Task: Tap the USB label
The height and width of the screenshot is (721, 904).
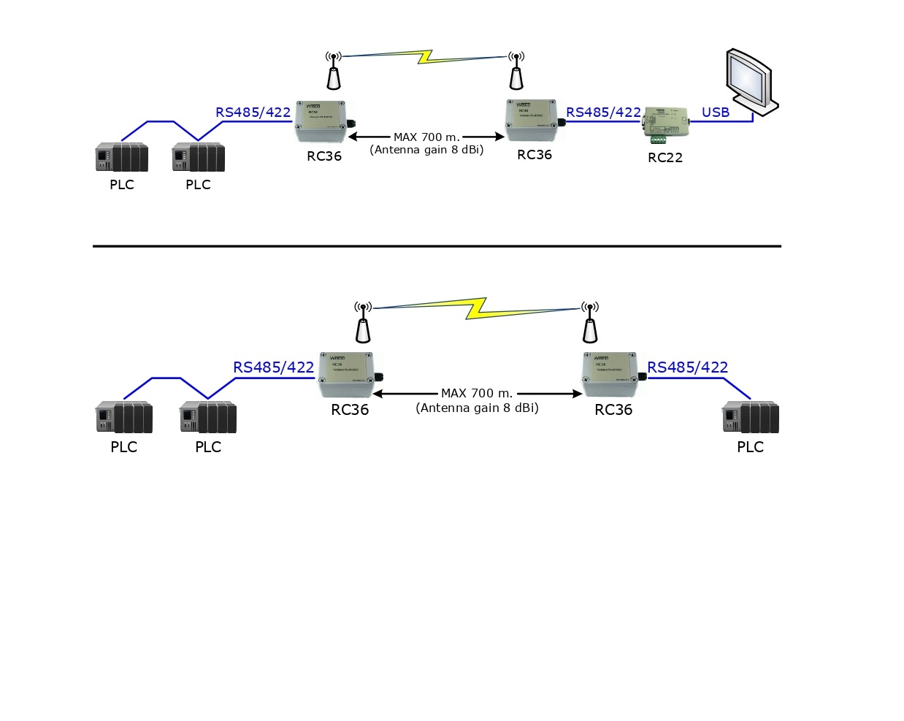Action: coord(716,112)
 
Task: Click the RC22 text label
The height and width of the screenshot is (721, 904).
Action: coord(665,157)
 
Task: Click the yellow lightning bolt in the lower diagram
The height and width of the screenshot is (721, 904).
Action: coord(477,308)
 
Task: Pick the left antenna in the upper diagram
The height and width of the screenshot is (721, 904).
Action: coord(334,72)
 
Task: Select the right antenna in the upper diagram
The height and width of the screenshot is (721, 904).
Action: coord(516,72)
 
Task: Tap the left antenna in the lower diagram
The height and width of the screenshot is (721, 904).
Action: coord(363,323)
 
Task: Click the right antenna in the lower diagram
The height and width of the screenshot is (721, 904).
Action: coord(590,323)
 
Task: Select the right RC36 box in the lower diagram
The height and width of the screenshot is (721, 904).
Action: coord(611,374)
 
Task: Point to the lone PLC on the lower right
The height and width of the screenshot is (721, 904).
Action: coord(751,417)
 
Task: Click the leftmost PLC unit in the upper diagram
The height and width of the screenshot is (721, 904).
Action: coord(122,157)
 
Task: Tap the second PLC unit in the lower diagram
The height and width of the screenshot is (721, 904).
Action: coord(208,417)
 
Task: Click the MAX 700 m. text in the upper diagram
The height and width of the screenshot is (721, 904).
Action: coord(426,137)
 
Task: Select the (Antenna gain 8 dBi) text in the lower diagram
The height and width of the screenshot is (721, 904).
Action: coord(478,408)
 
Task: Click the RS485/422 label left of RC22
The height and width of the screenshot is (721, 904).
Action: coord(603,112)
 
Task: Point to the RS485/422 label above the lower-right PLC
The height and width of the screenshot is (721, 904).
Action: coord(687,367)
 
